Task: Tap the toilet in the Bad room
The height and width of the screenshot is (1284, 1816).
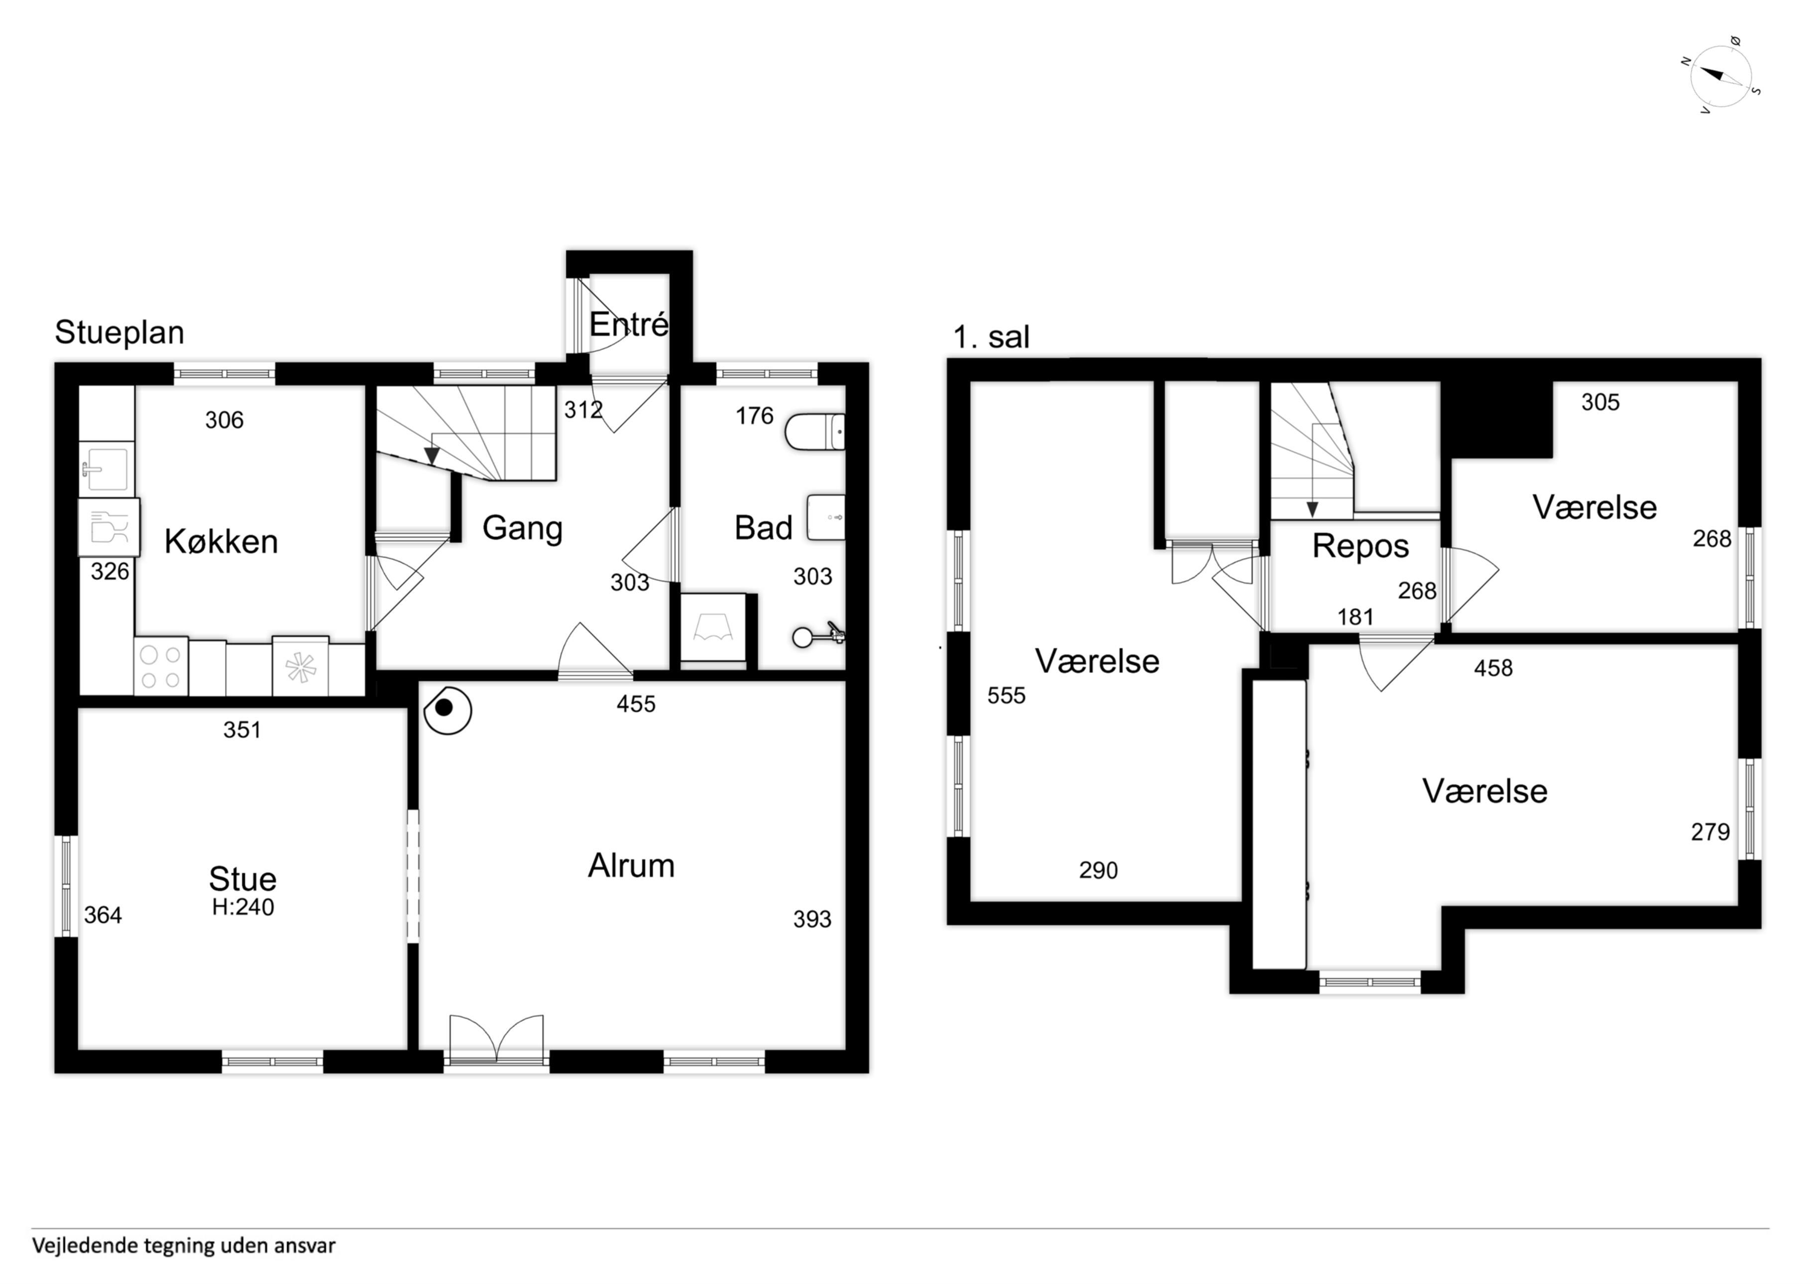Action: tap(815, 432)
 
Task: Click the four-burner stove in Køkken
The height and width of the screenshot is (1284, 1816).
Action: tap(161, 667)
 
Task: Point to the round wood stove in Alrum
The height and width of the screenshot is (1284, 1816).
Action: tap(448, 709)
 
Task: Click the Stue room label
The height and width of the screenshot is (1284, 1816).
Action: tap(242, 878)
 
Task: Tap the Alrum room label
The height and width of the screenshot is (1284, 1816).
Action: tap(631, 865)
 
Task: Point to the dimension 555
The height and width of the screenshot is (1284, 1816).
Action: tap(1006, 696)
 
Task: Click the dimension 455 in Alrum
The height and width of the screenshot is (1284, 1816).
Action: tap(636, 704)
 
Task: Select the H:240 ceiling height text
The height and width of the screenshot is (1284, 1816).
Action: tap(243, 907)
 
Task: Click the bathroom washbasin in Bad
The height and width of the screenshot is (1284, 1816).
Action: tap(826, 517)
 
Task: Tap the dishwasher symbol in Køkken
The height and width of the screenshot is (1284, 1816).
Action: tap(109, 527)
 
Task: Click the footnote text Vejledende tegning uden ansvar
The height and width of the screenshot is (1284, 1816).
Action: tap(184, 1245)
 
